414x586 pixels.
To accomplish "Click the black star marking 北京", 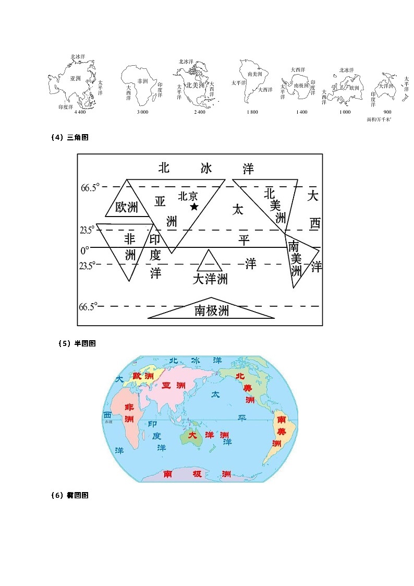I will point(194,207).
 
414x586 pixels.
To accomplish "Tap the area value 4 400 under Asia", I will point(80,112).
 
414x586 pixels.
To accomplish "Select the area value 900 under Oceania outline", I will point(387,112).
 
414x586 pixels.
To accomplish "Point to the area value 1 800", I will point(252,112).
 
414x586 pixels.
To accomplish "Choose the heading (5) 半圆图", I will point(77,343).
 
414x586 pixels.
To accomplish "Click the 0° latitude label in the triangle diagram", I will point(84,250).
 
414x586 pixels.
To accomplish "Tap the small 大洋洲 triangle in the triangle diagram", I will point(210,261).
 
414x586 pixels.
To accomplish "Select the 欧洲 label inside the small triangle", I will point(127,207).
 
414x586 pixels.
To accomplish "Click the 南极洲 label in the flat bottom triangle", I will point(212,311).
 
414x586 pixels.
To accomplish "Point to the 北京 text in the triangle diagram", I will point(188,196).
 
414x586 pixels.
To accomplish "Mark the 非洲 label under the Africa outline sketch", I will point(142,82).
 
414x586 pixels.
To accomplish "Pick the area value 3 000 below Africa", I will point(142,112).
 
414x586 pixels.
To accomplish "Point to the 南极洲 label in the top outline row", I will point(301,85).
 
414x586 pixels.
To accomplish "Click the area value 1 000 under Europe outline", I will point(345,112).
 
